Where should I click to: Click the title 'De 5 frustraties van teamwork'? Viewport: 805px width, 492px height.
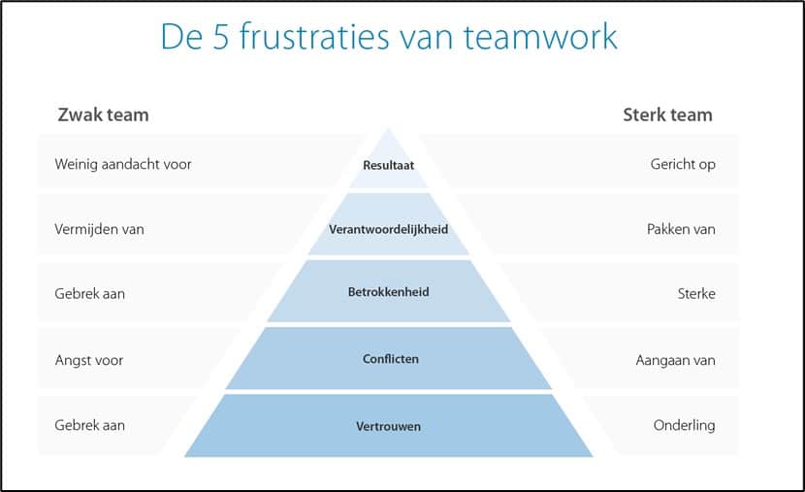click(388, 37)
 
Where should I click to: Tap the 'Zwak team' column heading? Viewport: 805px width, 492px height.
click(102, 115)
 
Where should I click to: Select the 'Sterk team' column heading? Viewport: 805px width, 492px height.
click(667, 115)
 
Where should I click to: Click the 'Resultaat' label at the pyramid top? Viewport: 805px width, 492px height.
click(388, 165)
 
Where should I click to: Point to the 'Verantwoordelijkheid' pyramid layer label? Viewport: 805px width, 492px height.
click(388, 230)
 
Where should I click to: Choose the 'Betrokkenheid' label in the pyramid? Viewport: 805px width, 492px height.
click(388, 292)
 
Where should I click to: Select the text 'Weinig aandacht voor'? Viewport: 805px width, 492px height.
click(123, 164)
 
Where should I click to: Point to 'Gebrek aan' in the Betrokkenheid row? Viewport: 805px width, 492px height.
click(90, 293)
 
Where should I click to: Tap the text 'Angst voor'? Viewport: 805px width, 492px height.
click(89, 360)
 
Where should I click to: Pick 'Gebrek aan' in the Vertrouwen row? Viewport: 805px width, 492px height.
click(90, 425)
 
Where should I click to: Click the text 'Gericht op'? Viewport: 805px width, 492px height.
click(683, 164)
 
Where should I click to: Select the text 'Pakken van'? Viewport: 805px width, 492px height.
click(681, 230)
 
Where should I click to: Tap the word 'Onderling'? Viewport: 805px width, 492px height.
click(684, 425)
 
